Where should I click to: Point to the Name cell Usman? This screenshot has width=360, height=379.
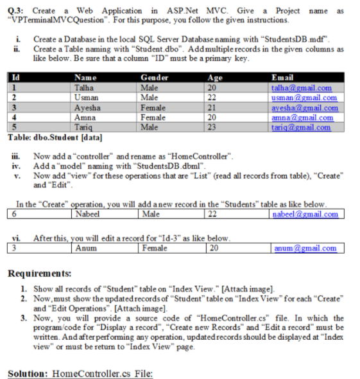pos(87,98)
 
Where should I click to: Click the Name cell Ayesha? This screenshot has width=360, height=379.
pos(88,108)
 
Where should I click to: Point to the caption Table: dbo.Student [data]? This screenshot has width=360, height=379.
pos(55,137)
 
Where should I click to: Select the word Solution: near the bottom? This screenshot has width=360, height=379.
pos(28,373)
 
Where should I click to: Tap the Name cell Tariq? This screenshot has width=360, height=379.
pos(85,127)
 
